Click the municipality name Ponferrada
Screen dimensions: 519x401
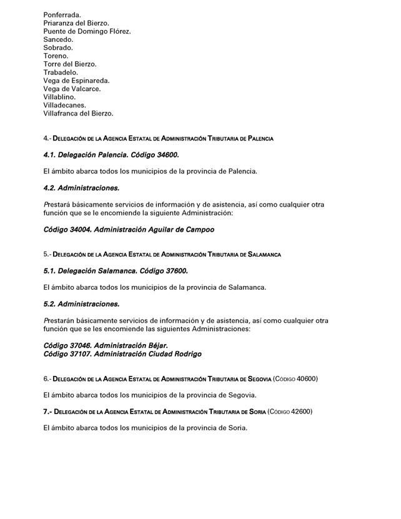click(x=62, y=14)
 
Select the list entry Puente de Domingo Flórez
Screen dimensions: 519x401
click(x=87, y=31)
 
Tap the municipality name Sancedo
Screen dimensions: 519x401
click(x=58, y=39)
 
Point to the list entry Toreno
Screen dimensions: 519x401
click(x=56, y=56)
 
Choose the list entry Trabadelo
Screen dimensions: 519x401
click(x=61, y=72)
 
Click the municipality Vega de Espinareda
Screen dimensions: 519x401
click(x=76, y=81)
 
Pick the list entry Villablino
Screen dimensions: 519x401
click(x=59, y=97)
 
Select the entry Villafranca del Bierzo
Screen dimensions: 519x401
click(x=78, y=114)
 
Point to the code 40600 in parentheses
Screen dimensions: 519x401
click(x=306, y=378)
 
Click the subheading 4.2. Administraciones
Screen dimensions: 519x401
click(x=81, y=187)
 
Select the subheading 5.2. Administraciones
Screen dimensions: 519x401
click(x=81, y=304)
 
